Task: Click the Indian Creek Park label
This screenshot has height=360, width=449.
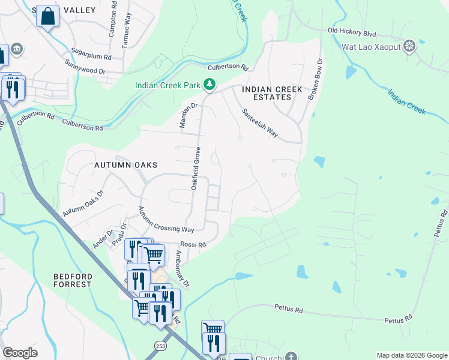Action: point(167,85)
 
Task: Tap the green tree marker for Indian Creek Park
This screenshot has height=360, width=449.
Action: point(209,85)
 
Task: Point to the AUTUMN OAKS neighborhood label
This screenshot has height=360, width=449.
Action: point(125,164)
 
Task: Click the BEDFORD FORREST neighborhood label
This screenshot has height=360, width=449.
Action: point(72,280)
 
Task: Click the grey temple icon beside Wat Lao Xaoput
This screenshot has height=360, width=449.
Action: point(409,47)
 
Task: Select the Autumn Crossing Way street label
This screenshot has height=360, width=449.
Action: point(166,221)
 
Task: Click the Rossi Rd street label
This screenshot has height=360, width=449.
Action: point(193,244)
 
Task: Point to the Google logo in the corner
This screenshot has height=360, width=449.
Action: point(20,353)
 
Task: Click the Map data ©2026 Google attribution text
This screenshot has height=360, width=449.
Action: point(411,355)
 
